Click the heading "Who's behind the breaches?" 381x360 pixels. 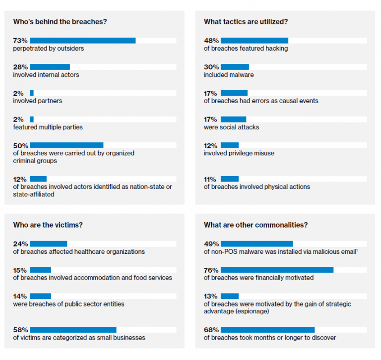click(60, 22)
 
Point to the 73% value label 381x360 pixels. click(20, 40)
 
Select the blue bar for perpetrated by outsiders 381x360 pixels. click(82, 40)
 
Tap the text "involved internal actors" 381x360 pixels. click(46, 75)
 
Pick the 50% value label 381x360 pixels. click(20, 145)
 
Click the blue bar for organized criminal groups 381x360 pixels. click(66, 145)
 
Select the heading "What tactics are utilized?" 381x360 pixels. click(246, 22)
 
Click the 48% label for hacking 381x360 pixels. click(211, 40)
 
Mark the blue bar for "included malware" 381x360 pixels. click(235, 67)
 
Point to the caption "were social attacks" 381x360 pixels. click(231, 127)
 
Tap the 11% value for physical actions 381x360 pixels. click(210, 179)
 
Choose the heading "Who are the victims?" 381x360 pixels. click(48, 225)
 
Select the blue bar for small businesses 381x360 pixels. click(73, 330)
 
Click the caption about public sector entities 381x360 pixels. click(68, 304)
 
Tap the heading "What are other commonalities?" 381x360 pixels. click(255, 225)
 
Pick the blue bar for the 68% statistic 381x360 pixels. click(267, 330)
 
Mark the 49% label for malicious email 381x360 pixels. click(211, 243)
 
